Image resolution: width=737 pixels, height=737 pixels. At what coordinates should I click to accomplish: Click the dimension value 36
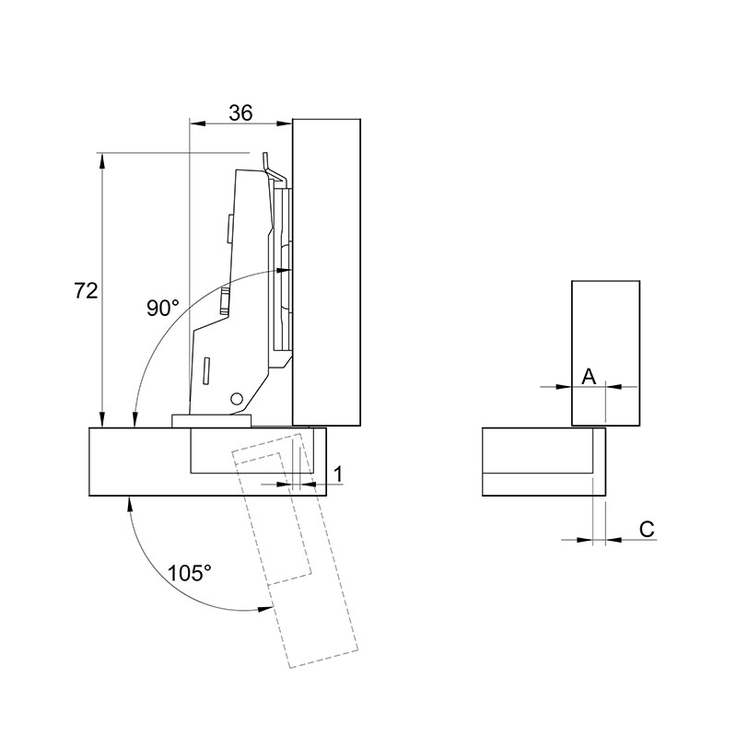click(240, 113)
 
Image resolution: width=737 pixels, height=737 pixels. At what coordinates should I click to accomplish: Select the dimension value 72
click(86, 291)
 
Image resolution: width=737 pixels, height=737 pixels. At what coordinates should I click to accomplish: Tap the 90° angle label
click(163, 309)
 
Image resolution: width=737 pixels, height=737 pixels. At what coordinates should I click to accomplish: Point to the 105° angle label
click(190, 573)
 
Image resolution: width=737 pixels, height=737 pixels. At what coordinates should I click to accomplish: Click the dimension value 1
click(338, 474)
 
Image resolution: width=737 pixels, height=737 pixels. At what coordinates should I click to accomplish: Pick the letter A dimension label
click(589, 377)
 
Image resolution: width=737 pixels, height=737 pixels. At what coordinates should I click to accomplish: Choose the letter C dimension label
click(647, 530)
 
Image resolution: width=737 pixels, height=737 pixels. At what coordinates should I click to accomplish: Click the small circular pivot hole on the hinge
click(237, 399)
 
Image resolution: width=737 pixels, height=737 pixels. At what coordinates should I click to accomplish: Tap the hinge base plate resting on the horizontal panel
click(212, 421)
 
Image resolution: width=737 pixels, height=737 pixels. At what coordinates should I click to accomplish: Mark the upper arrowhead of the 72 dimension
click(101, 160)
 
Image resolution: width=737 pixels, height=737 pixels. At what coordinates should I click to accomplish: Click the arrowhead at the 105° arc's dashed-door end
click(265, 609)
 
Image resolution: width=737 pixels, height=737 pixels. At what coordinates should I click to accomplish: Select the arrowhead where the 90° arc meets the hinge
click(285, 270)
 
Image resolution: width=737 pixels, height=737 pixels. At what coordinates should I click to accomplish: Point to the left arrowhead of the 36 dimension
click(196, 123)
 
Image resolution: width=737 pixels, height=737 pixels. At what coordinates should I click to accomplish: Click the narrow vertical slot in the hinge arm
click(206, 371)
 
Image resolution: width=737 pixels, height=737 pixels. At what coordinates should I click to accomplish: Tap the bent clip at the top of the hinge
click(274, 169)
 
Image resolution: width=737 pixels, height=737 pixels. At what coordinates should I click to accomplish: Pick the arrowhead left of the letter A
click(564, 387)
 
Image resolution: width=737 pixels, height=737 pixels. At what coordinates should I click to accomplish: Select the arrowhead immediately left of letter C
click(585, 540)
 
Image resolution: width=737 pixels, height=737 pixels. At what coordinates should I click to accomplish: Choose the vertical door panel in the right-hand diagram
click(605, 354)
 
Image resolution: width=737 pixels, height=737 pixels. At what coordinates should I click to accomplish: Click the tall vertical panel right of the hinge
click(326, 272)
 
